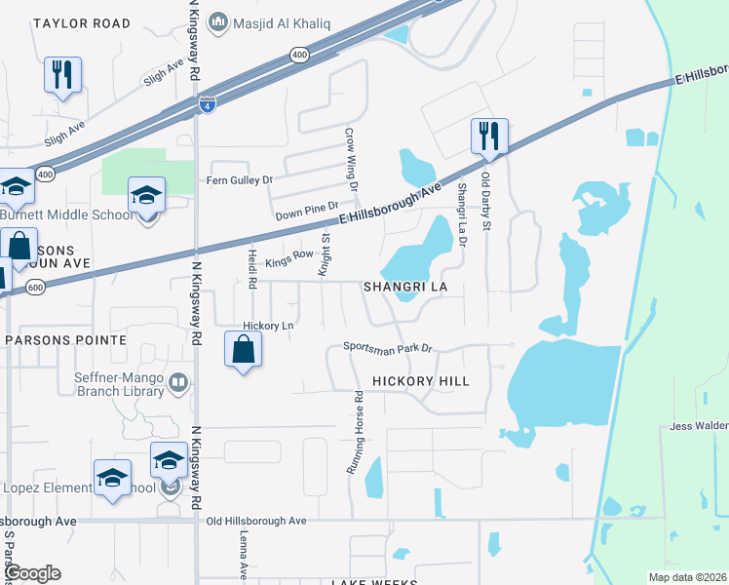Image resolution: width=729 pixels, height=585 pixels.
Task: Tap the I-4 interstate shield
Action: tap(207, 104)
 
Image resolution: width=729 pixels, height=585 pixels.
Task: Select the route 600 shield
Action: tap(35, 287)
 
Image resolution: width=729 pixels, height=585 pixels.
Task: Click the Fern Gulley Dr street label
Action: tap(239, 180)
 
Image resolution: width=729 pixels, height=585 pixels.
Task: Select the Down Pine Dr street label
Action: tap(306, 210)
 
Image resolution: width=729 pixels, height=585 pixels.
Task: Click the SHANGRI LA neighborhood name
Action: tap(404, 288)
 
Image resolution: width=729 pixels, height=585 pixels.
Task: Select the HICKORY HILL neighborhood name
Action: tap(427, 381)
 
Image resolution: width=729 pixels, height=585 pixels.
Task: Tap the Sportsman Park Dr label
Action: tap(387, 347)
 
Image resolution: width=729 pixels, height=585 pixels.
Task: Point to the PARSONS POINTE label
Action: tap(66, 339)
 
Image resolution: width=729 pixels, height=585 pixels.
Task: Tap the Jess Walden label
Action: tap(699, 426)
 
